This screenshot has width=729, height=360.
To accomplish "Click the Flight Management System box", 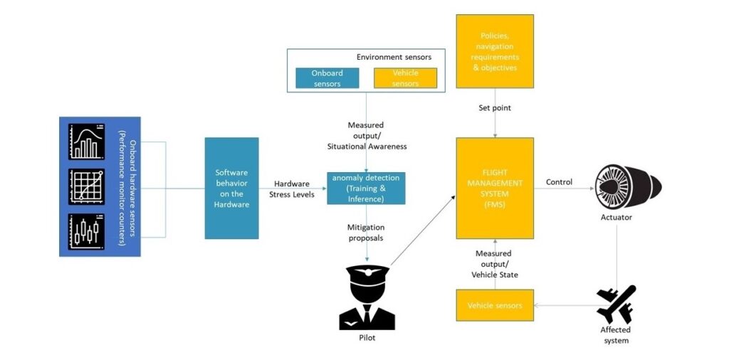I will [495, 188].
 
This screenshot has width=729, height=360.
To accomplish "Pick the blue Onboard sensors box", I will [327, 78].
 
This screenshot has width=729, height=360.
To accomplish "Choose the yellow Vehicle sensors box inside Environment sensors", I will [406, 78].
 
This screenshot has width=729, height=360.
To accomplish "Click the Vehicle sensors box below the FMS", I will [495, 305].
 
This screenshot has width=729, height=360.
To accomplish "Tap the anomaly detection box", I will [366, 188].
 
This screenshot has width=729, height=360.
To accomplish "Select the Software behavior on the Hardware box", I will [231, 188].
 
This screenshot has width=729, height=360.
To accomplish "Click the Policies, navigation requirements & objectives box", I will [495, 51].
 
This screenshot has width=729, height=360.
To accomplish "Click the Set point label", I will [494, 108].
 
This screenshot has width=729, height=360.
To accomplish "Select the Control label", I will [559, 182].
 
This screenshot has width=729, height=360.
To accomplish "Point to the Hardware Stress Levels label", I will [291, 188].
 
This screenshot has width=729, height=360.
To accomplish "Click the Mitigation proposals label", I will [366, 233].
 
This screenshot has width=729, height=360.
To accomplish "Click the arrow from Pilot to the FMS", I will [424, 229].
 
